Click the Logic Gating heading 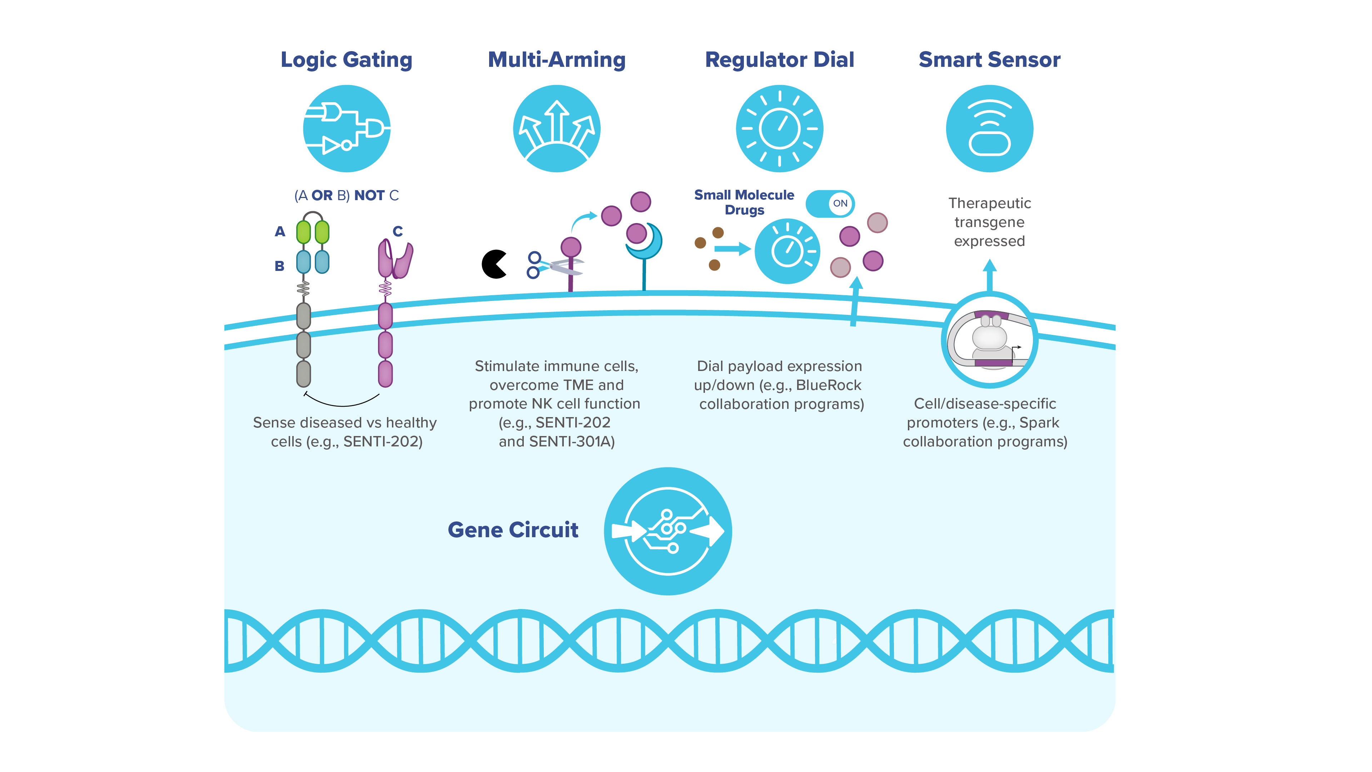(x=346, y=60)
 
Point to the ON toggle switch (x=830, y=203)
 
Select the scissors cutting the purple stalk (x=554, y=265)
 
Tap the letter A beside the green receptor (x=280, y=232)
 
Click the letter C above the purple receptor (x=397, y=231)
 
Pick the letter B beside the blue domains (x=279, y=266)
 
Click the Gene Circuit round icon (x=667, y=531)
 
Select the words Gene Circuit (x=513, y=530)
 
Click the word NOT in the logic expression (x=369, y=196)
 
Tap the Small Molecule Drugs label (x=744, y=202)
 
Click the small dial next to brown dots (x=787, y=251)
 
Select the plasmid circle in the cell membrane (x=989, y=340)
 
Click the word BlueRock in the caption (x=828, y=385)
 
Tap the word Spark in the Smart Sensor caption (x=1039, y=422)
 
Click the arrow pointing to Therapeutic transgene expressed (x=989, y=274)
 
